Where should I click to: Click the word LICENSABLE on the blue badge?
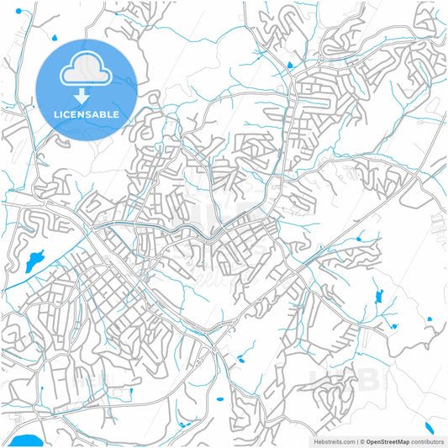87,114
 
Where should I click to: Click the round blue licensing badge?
87,89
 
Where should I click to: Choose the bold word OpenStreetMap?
387,440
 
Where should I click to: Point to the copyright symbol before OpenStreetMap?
362,440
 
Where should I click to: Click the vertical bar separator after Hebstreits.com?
357,440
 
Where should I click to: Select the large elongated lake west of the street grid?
35,261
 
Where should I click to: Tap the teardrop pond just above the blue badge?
54,37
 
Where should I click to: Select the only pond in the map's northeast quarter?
290,65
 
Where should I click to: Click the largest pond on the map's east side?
377,297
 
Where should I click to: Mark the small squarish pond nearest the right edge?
429,319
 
